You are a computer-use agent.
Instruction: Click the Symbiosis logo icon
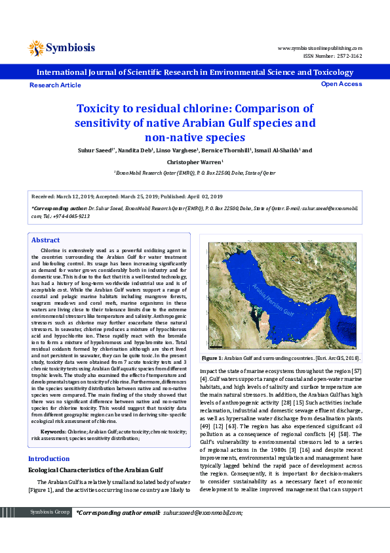[36, 47]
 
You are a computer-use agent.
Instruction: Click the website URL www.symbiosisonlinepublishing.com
[320, 48]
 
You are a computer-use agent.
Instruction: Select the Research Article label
[56, 85]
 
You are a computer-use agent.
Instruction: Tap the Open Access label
[341, 84]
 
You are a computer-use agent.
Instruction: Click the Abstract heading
[46, 240]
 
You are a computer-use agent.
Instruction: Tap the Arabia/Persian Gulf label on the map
[280, 304]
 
